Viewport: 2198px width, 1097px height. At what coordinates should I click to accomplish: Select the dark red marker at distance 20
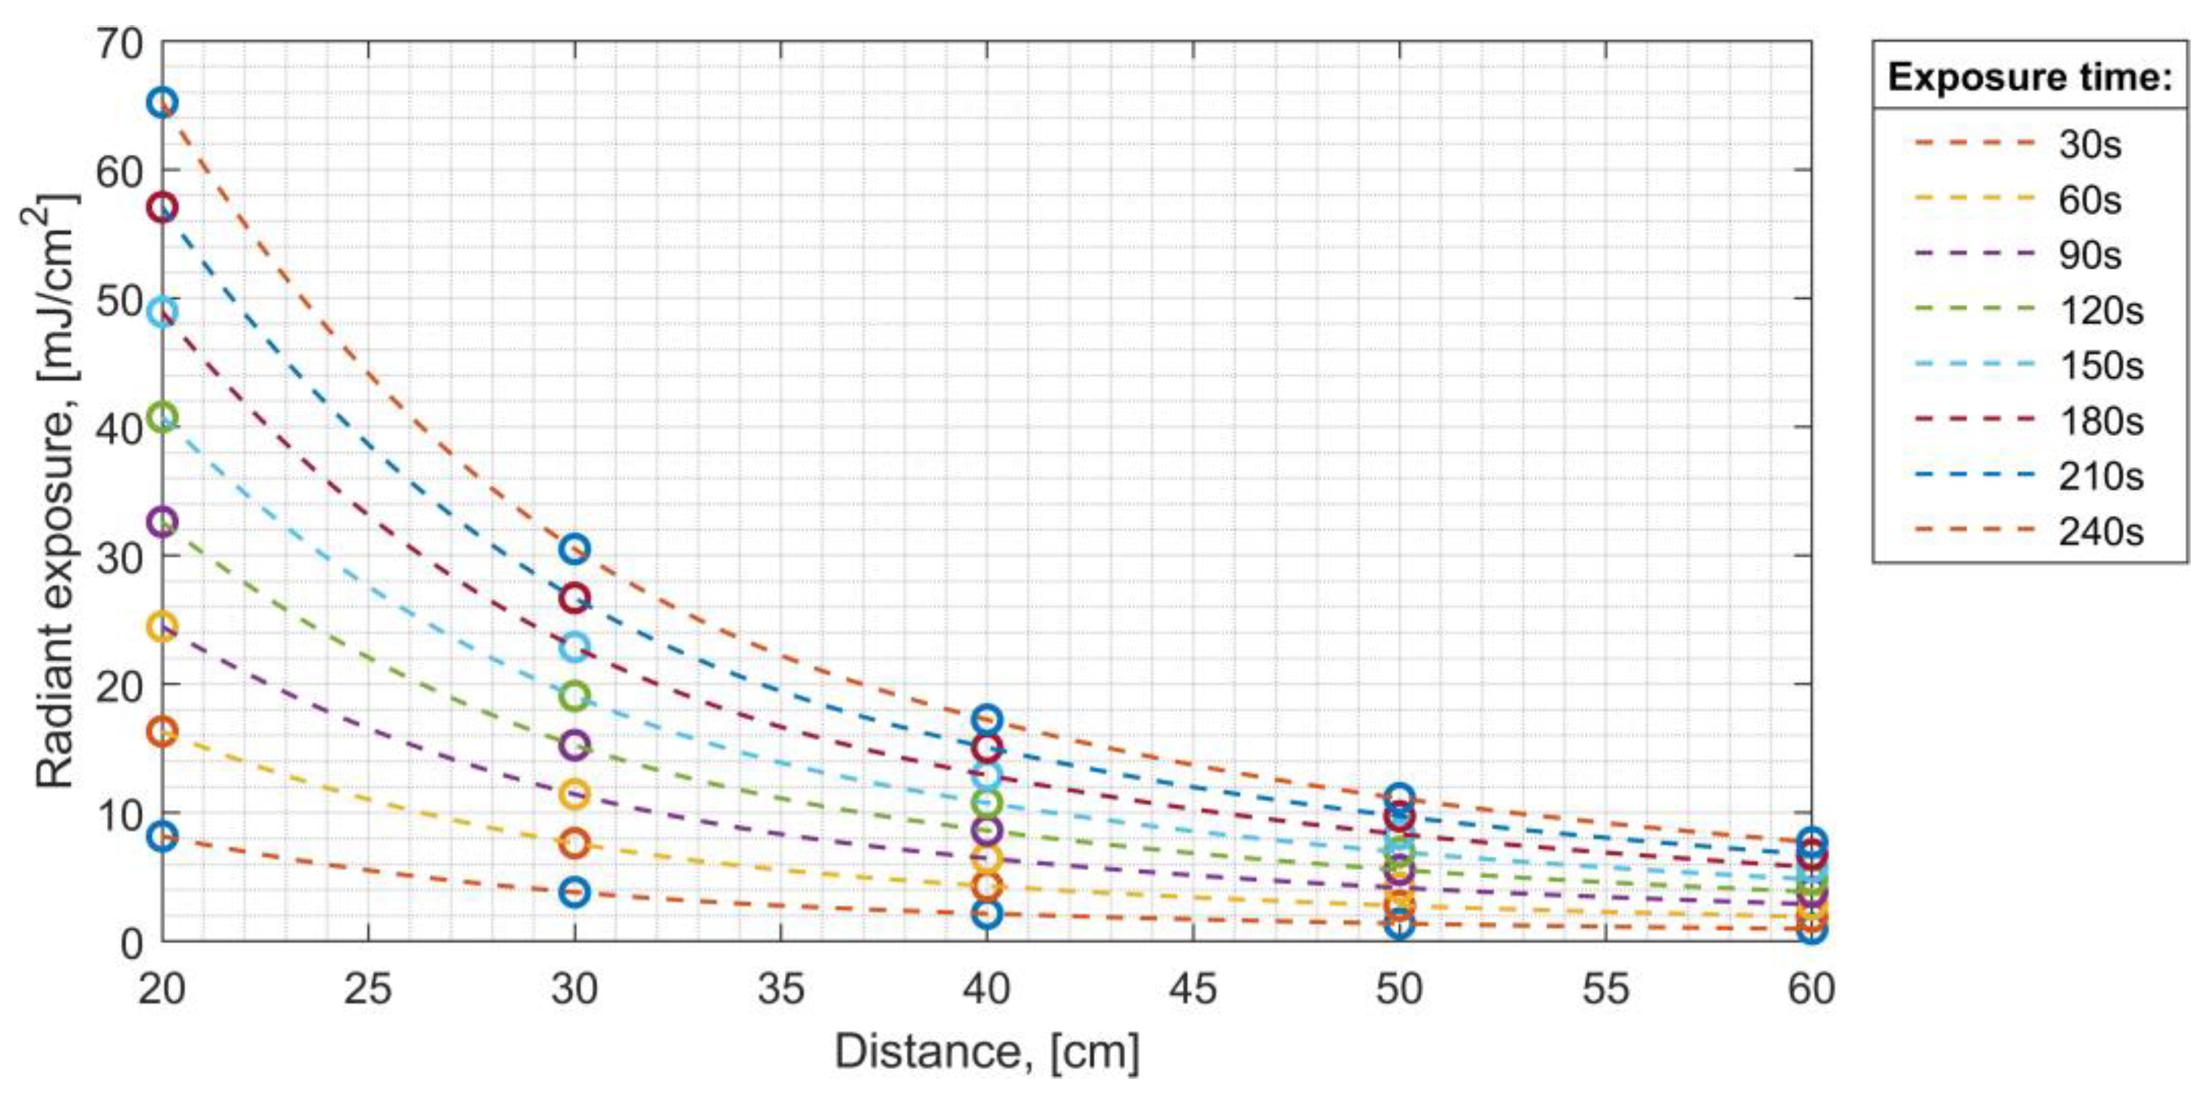[163, 208]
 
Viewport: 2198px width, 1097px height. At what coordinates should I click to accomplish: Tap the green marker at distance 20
[163, 417]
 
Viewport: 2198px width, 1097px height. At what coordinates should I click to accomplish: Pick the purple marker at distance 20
[163, 521]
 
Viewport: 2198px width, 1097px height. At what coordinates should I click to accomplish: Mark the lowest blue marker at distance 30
[575, 892]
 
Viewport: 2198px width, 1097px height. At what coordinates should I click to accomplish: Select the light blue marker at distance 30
[575, 647]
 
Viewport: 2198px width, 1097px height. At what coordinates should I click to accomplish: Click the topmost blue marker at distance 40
[987, 720]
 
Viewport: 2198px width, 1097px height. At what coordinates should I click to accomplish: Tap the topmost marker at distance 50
[1399, 798]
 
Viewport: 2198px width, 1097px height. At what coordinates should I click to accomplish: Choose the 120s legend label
[2100, 310]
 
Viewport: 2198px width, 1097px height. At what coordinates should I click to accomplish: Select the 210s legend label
[2100, 476]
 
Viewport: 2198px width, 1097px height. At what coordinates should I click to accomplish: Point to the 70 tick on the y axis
[120, 43]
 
